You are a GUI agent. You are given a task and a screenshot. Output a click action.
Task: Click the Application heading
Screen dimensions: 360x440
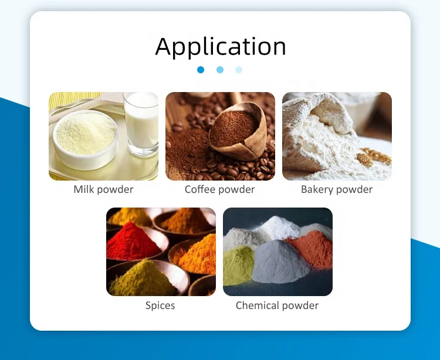pos(221,46)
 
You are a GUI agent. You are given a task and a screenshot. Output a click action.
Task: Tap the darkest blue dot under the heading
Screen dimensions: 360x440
pos(201,70)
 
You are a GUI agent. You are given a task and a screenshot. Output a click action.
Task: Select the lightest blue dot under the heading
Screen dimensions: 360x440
pos(239,70)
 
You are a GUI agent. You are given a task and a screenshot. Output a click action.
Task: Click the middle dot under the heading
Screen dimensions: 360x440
pos(220,70)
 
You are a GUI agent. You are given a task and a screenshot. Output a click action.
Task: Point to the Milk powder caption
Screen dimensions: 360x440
pos(103,189)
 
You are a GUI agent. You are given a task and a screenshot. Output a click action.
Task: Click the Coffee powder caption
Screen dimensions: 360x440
pos(220,189)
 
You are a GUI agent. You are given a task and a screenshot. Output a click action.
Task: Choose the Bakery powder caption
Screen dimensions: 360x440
pos(337,189)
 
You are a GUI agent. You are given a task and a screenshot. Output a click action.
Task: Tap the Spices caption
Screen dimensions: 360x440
pos(160,305)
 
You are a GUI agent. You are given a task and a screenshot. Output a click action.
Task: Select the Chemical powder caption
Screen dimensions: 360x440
pos(277,305)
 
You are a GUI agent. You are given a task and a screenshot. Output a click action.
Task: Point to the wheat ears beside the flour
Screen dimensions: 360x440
pos(373,157)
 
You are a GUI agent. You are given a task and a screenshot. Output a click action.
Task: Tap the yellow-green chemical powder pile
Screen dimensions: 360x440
pos(241,264)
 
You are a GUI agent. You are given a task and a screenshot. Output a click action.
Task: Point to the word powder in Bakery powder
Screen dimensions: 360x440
pos(353,189)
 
